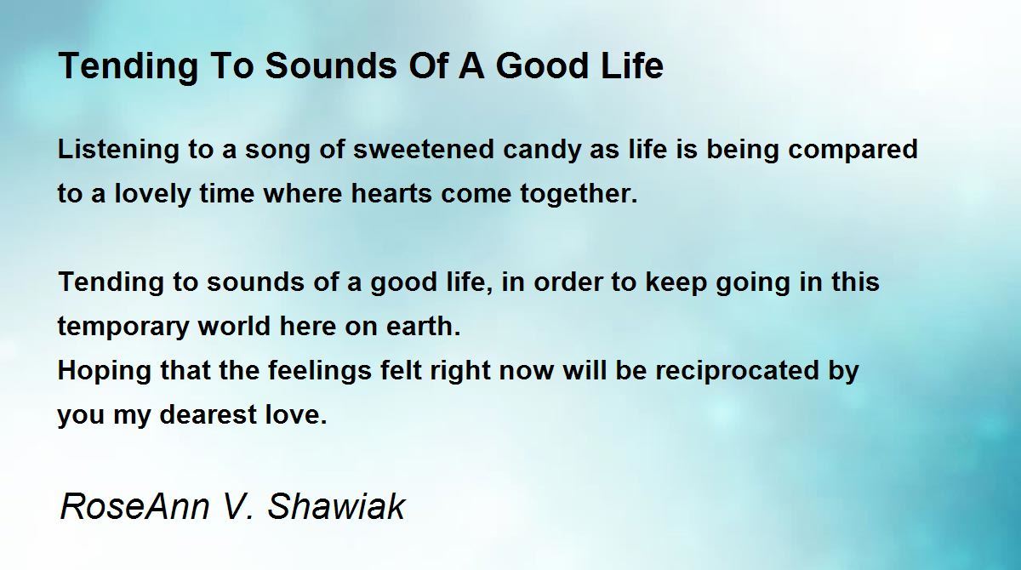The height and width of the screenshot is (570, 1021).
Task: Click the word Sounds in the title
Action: click(x=331, y=66)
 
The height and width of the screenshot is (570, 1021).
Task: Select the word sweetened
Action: click(x=424, y=150)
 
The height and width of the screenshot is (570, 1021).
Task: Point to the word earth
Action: click(x=424, y=326)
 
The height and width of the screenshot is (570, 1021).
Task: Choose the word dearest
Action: click(x=208, y=414)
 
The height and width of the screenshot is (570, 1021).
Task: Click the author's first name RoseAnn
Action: click(x=135, y=506)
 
